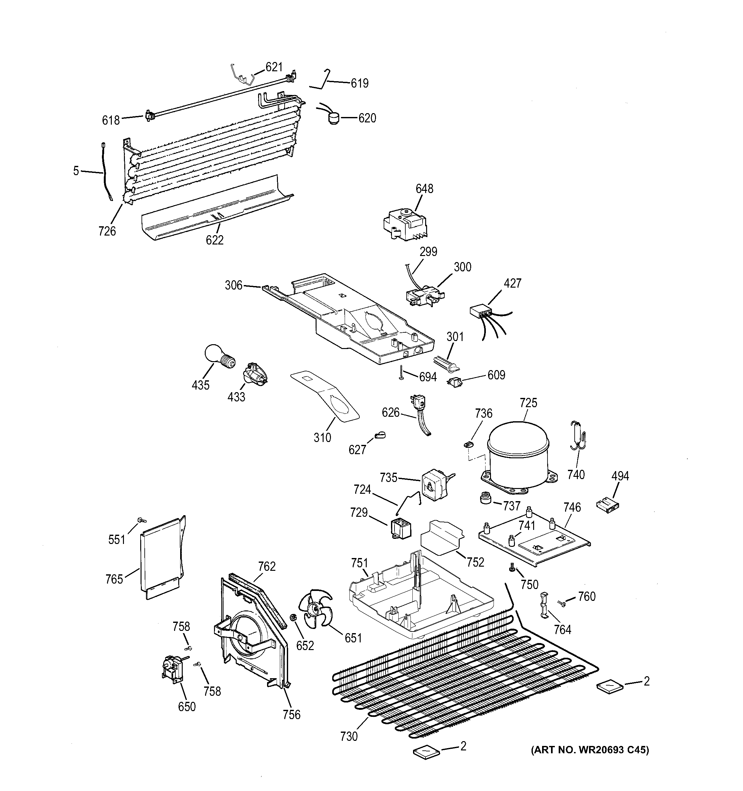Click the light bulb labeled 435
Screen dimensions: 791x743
pyautogui.click(x=218, y=356)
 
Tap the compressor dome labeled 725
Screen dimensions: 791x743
pyautogui.click(x=518, y=453)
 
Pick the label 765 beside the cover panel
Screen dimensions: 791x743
pyautogui.click(x=114, y=579)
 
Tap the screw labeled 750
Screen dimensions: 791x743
pyautogui.click(x=512, y=570)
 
